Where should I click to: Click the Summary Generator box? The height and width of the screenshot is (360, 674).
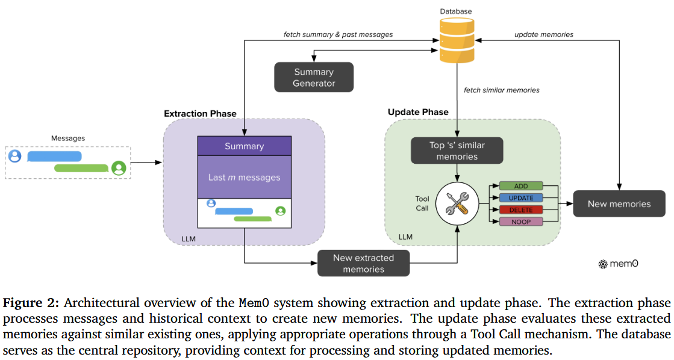point(314,78)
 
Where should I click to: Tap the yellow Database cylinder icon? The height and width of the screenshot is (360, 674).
point(456,41)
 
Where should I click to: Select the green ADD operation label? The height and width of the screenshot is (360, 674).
point(521,186)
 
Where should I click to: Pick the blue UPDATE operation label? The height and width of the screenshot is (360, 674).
point(521,198)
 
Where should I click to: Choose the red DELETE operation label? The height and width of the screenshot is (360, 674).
point(521,210)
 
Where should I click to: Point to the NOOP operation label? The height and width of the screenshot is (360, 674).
point(521,222)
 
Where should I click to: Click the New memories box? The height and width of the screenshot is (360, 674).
point(619,203)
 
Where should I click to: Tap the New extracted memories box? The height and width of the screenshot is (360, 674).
point(363,263)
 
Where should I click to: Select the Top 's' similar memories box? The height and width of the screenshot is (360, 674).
point(457,151)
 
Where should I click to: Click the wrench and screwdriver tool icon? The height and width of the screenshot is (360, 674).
point(457,203)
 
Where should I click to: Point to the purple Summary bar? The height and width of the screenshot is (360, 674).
point(245,146)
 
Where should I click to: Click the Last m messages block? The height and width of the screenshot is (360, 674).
point(245,177)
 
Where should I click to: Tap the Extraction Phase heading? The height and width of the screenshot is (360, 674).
point(200,113)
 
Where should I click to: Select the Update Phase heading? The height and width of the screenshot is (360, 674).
point(418,112)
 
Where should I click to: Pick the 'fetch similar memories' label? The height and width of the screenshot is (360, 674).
point(501,90)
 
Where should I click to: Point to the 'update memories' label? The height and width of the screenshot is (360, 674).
point(543,35)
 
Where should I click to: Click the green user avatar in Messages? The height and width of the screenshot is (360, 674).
point(119,168)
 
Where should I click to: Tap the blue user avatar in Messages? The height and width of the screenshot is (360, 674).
point(15,156)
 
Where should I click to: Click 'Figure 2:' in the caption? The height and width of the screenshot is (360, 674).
point(31,302)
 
